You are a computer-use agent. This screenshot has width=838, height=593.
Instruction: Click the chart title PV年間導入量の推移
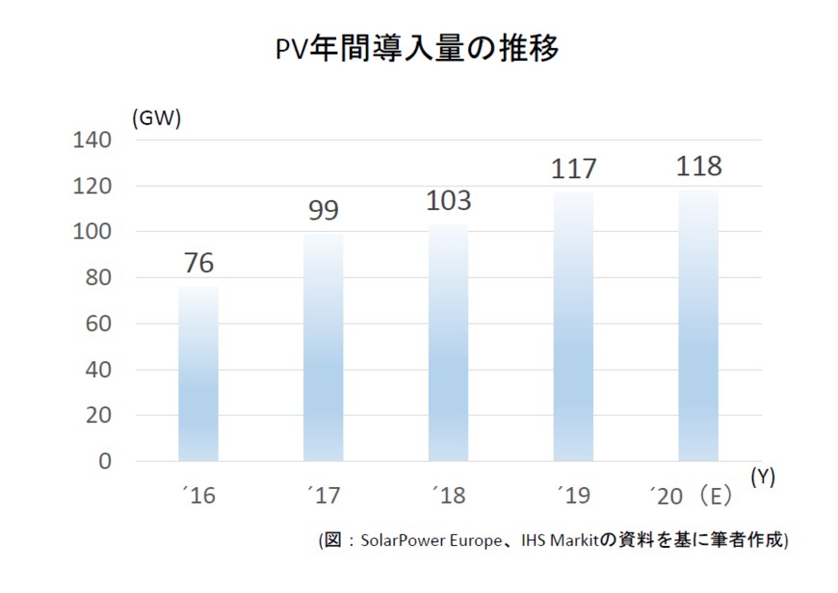416,48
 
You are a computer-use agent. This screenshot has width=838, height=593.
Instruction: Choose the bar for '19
574,326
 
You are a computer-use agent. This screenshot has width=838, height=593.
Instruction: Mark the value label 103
449,201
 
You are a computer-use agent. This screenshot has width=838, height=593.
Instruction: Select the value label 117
574,169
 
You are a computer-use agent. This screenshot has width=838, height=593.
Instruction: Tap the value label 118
698,167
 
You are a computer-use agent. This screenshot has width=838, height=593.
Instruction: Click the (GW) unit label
156,118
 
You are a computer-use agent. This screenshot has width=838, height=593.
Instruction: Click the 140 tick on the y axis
93,141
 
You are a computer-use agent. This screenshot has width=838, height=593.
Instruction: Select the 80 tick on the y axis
99,278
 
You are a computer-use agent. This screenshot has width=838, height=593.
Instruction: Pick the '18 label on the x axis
448,497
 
